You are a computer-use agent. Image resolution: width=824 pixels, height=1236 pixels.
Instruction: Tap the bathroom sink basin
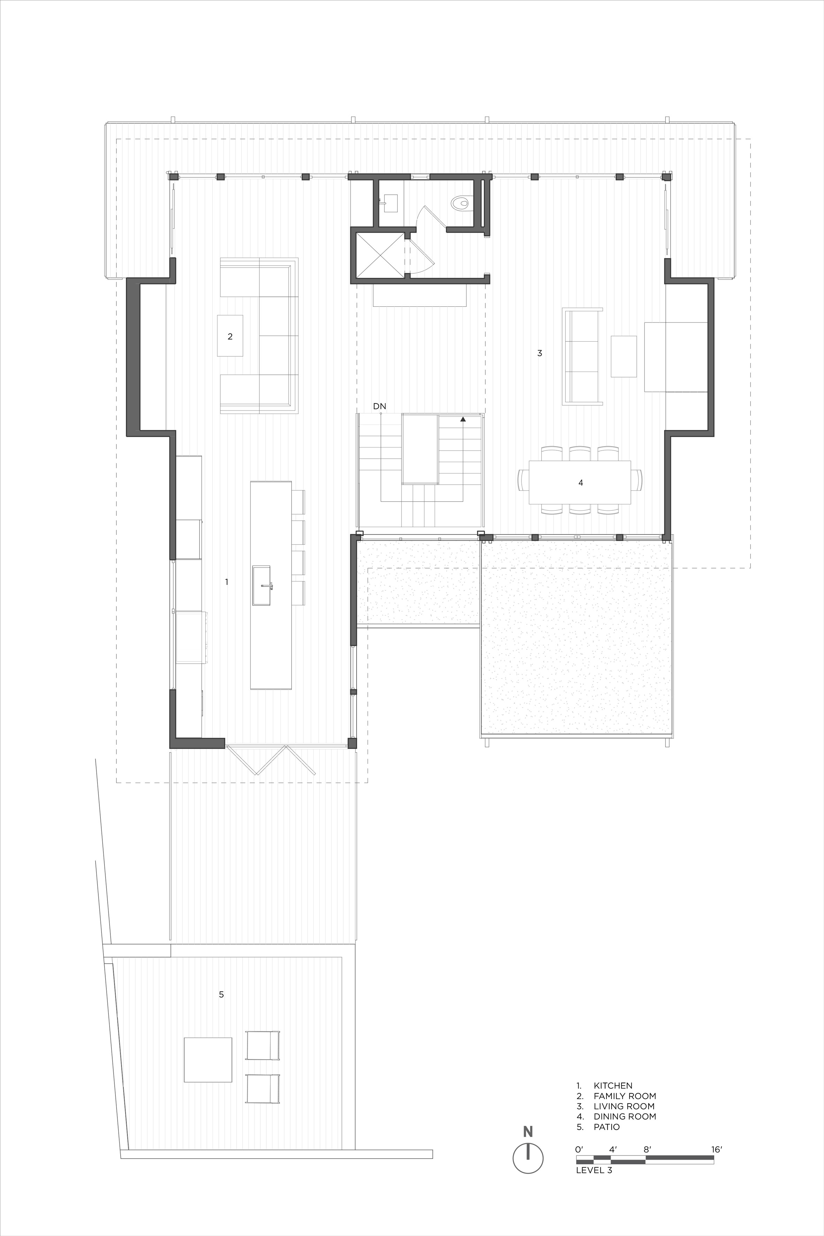coord(390,203)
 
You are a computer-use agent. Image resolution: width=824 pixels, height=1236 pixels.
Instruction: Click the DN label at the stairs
coord(380,406)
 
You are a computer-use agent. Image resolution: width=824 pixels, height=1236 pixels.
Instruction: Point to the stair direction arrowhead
coord(463,419)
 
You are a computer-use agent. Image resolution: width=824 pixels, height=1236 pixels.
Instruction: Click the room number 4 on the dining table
coord(581,482)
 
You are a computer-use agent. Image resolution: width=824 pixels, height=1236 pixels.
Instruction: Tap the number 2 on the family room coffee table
coord(230,336)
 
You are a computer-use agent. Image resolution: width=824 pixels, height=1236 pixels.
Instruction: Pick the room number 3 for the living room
coord(540,353)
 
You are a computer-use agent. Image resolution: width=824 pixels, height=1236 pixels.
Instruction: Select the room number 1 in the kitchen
coord(227,582)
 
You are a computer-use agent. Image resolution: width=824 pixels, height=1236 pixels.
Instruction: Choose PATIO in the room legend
coord(606,1127)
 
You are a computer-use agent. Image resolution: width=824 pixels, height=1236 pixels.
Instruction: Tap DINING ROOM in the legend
coord(625,1116)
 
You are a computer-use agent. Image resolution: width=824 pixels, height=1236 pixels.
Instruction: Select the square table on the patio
coord(208,1059)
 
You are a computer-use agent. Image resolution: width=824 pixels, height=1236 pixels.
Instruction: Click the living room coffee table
coord(624,356)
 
